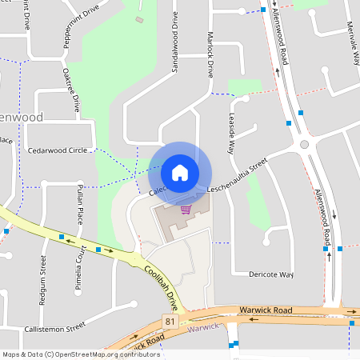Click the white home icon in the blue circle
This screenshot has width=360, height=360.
click(179, 172)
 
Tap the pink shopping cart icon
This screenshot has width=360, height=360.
click(186, 210)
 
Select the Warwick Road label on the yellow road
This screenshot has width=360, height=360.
click(266, 309)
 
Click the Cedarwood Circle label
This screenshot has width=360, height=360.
click(57, 150)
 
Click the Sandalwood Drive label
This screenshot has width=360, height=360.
click(174, 49)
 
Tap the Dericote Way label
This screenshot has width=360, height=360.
click(271, 274)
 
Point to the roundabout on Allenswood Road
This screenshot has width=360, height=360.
click(304, 143)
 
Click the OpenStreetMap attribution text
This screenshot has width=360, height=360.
click(80, 354)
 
